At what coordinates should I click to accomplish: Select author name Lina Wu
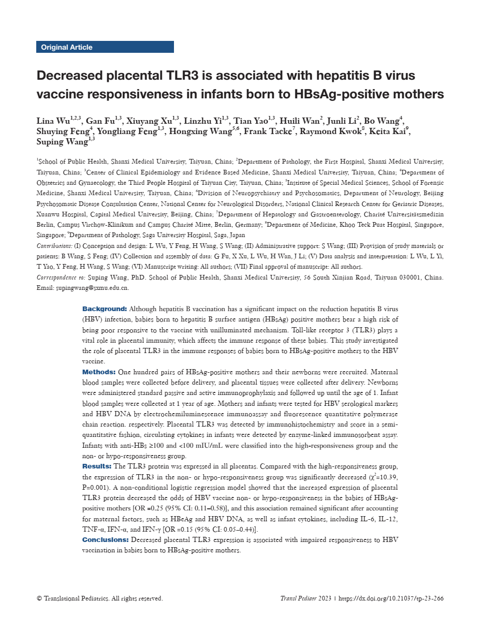(52, 121)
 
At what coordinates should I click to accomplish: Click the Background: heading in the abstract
(104, 309)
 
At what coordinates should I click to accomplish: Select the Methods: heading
(98, 372)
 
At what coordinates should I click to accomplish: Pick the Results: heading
(96, 466)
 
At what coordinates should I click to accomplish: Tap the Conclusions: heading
(105, 539)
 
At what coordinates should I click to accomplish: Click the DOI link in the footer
(392, 598)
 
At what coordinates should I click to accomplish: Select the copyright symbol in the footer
(39, 598)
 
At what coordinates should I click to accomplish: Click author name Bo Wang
(385, 121)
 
